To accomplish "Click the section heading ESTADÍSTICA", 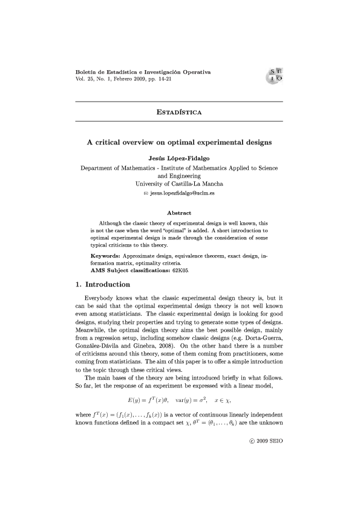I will (x=178, y=112).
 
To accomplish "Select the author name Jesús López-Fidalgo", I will (x=178, y=157).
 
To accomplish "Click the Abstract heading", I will (x=178, y=213).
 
